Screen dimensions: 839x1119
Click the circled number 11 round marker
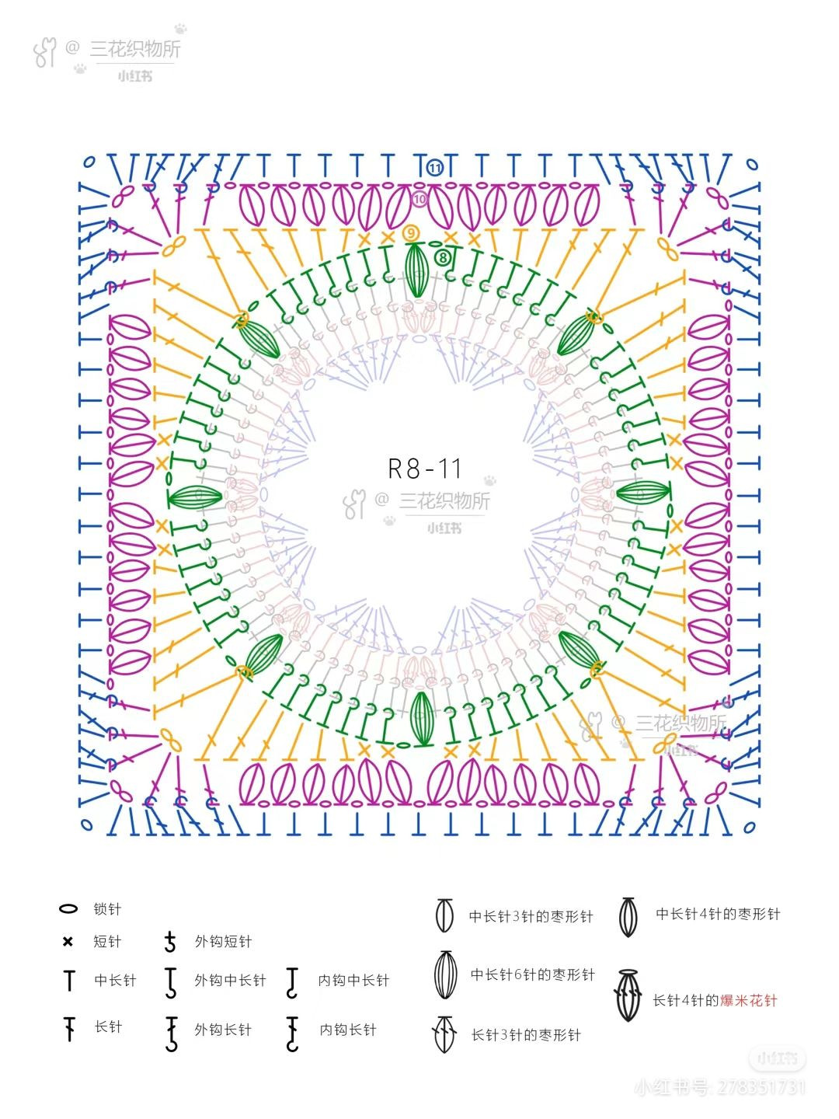point(434,167)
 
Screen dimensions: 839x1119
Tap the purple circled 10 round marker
point(419,199)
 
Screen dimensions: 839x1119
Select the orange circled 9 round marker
point(410,233)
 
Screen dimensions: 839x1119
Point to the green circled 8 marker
point(443,258)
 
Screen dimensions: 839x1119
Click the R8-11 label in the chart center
point(424,468)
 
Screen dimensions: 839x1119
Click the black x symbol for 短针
point(68,941)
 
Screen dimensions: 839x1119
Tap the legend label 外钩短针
point(223,942)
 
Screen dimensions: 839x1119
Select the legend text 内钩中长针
point(353,981)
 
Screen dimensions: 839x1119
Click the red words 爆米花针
point(748,1000)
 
